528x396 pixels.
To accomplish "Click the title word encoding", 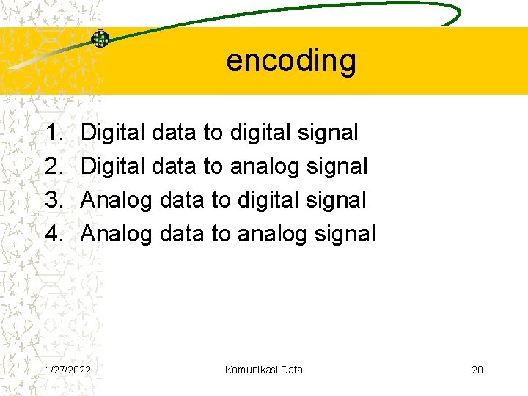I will pos(291,61).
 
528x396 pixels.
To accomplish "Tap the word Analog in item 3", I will pos(116,200).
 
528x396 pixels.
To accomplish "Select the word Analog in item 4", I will pos(116,234).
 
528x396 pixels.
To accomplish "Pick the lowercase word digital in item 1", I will pos(261,133).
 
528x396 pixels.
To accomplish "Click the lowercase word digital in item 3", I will pos(265,200).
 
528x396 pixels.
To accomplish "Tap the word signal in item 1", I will pos(329,133).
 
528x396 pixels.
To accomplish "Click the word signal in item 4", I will pos(346,234).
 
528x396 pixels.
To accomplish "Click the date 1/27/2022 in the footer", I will pos(68,370).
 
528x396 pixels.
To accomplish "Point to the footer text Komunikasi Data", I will pos(264,370).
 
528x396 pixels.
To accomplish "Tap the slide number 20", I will pos(477,370).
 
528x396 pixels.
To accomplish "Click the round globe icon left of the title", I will pos(100,39).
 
